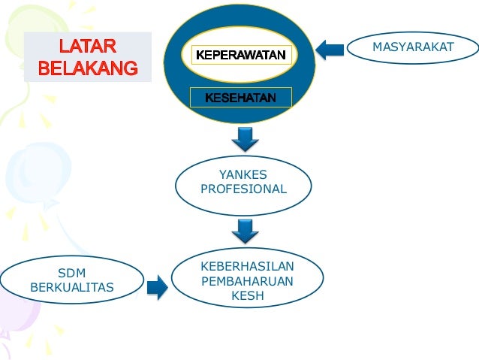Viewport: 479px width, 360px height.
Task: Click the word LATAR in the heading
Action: [88, 47]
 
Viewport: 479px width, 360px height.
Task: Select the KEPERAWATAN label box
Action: [240, 55]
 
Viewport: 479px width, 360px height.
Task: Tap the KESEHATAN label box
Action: [240, 98]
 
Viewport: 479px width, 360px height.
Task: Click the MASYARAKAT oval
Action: [412, 48]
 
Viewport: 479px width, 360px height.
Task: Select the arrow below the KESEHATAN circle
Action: [245, 138]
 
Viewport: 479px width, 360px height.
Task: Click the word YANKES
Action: [243, 174]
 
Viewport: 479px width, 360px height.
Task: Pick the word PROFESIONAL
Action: [243, 189]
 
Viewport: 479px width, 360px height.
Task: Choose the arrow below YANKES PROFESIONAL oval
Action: [245, 231]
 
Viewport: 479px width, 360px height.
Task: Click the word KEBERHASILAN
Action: [247, 267]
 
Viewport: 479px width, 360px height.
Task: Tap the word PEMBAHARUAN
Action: [247, 281]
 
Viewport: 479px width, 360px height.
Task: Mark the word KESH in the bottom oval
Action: [247, 295]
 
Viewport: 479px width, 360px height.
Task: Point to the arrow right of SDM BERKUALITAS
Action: [157, 286]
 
